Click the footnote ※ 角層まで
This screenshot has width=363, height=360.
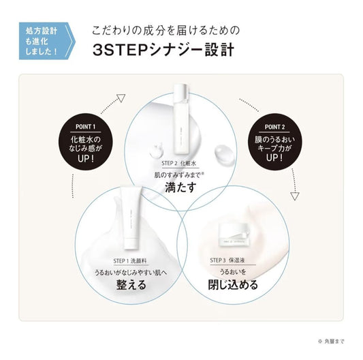pyautogui.click(x=331, y=342)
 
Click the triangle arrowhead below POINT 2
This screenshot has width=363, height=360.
pyautogui.click(x=294, y=196)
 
